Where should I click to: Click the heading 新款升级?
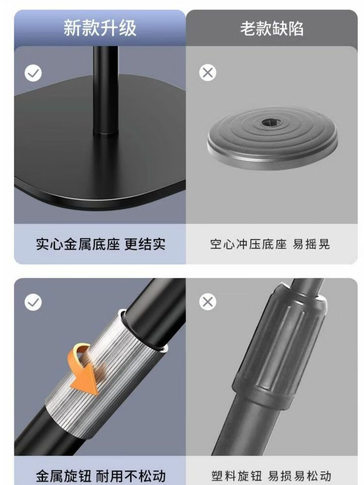tap(99, 28)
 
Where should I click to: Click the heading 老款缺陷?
tap(272, 29)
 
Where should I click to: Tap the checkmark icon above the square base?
tap(33, 73)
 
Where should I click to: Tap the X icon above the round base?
tap(208, 73)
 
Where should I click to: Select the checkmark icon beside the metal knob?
tap(33, 302)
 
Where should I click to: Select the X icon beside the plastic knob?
tap(208, 302)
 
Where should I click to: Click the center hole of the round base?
tap(270, 123)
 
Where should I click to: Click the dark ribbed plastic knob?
tap(280, 346)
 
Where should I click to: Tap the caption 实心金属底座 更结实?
tap(100, 244)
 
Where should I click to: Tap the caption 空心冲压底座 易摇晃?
tap(270, 244)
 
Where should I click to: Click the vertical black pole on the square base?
tap(105, 90)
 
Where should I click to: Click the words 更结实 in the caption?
tap(145, 244)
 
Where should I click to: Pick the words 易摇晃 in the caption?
tap(312, 244)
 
